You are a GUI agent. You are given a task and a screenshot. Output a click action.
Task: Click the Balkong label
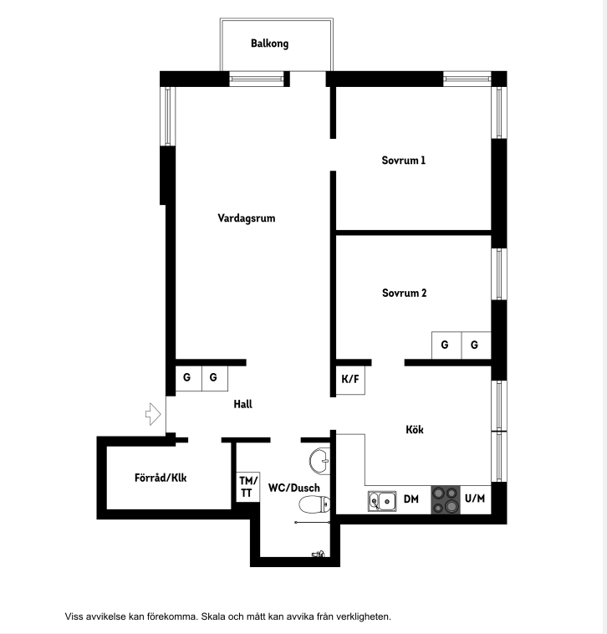point(269,43)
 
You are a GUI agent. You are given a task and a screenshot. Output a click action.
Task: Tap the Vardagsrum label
point(246,218)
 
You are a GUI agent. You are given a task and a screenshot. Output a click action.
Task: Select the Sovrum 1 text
point(403,161)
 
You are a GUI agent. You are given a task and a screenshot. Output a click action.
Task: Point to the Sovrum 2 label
point(404,293)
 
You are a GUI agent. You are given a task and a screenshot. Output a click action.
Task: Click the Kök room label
point(415,429)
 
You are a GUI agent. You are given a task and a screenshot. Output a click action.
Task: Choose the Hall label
point(242,404)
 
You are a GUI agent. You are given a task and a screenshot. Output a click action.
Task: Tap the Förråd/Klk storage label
point(161,478)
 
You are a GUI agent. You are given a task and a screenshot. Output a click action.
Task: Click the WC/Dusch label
point(293,488)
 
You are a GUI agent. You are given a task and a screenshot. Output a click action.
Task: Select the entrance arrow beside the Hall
point(153,414)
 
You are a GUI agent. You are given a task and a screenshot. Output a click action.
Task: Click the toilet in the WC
point(314,504)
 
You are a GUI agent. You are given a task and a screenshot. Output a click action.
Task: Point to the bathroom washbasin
point(320,461)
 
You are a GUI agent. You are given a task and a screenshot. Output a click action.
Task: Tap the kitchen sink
point(382,501)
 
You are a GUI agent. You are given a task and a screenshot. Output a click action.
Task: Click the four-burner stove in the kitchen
point(446,500)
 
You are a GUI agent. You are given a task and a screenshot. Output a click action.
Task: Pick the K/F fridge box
point(350,380)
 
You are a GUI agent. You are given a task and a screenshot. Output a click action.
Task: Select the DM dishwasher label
point(411,499)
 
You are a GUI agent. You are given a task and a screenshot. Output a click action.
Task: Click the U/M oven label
point(475,499)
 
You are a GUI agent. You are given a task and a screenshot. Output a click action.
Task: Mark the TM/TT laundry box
point(247,487)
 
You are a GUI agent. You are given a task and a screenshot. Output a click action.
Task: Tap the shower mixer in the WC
point(319,554)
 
